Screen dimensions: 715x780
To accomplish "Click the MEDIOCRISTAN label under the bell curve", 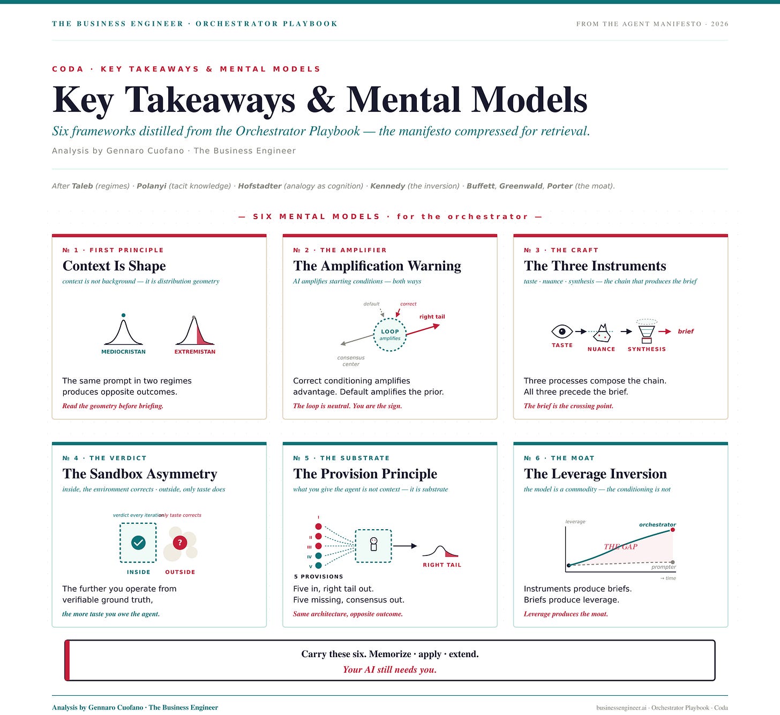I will pyautogui.click(x=123, y=352).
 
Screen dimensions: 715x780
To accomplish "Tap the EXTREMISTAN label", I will pyautogui.click(x=195, y=352).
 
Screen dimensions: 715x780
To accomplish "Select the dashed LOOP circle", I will pyautogui.click(x=390, y=335).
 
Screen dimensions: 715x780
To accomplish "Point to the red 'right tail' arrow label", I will pyautogui.click(x=432, y=317).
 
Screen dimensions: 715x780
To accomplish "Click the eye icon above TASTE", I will pyautogui.click(x=562, y=332).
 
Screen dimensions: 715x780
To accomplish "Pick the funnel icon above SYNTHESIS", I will pyautogui.click(x=647, y=332).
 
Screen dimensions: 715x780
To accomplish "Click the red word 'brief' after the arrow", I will pyautogui.click(x=686, y=332).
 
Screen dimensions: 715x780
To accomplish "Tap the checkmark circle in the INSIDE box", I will pyautogui.click(x=138, y=543).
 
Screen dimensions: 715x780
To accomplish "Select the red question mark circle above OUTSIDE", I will pyautogui.click(x=180, y=543).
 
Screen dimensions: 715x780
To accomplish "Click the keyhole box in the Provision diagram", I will pyautogui.click(x=373, y=546).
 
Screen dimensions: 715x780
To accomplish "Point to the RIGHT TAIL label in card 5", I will pyautogui.click(x=442, y=565).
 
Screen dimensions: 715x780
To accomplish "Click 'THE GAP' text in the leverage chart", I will pyautogui.click(x=620, y=547).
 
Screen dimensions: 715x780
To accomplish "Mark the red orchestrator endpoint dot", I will pyautogui.click(x=673, y=530).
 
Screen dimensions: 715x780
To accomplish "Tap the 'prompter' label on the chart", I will pyautogui.click(x=663, y=567).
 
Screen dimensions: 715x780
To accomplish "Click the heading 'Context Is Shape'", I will pyautogui.click(x=114, y=266).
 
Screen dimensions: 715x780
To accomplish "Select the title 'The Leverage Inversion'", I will pyautogui.click(x=595, y=474).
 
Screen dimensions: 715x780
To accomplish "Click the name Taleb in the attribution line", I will pyautogui.click(x=82, y=186).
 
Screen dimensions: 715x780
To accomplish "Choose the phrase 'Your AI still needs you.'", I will pyautogui.click(x=389, y=669).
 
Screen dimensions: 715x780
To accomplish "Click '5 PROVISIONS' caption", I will pyautogui.click(x=318, y=577).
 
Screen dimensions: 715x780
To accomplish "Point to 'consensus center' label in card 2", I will pyautogui.click(x=351, y=361).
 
